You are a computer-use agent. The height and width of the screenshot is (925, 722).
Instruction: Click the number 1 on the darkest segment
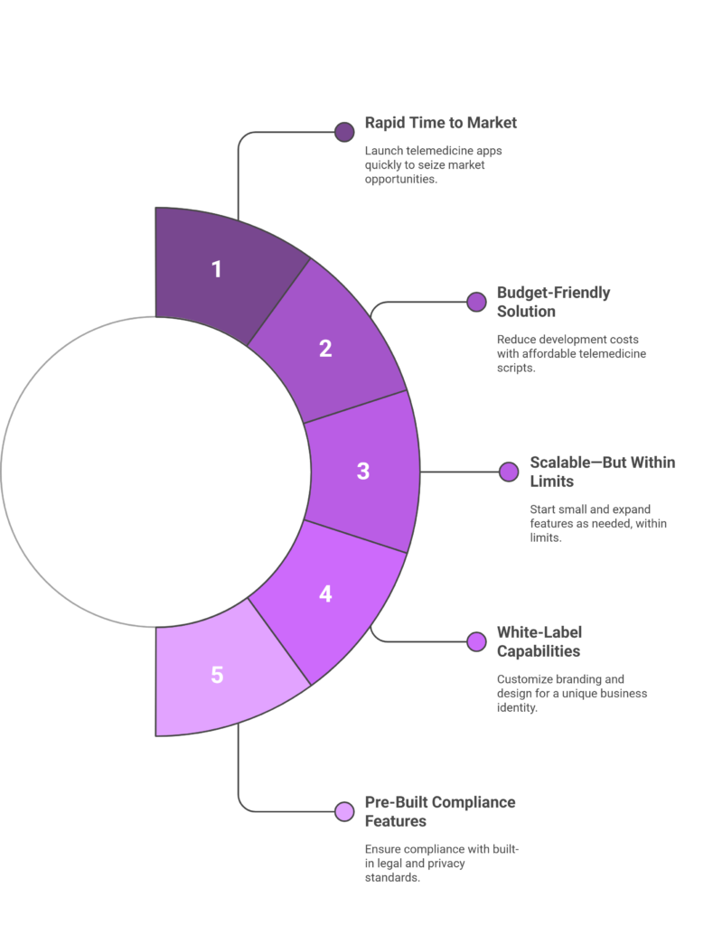217,269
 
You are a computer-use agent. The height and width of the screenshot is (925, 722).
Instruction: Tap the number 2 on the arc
325,349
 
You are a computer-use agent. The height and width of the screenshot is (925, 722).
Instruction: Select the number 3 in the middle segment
363,471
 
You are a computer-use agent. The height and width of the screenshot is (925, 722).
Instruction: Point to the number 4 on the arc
325,593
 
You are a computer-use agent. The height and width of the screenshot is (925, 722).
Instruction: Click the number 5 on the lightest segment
217,675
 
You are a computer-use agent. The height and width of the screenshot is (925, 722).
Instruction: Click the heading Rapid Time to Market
440,123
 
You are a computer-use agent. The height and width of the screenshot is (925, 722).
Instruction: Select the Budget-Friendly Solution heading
553,302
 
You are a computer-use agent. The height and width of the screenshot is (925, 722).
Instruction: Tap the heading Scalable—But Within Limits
602,472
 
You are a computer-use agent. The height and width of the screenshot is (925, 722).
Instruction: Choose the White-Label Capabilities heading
539,641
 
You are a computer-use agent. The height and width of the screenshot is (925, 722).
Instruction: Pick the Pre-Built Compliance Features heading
440,811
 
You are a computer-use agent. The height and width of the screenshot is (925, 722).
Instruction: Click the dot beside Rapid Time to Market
344,132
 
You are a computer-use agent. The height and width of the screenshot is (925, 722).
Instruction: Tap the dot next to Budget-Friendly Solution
476,302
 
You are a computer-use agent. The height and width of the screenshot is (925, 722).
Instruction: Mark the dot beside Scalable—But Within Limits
509,472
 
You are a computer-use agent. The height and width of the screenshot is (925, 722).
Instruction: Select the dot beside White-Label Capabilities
476,642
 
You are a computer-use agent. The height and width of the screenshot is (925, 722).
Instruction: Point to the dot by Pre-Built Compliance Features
344,812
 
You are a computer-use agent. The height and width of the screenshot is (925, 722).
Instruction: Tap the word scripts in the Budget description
516,369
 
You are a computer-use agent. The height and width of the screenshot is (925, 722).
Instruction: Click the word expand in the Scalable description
633,509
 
